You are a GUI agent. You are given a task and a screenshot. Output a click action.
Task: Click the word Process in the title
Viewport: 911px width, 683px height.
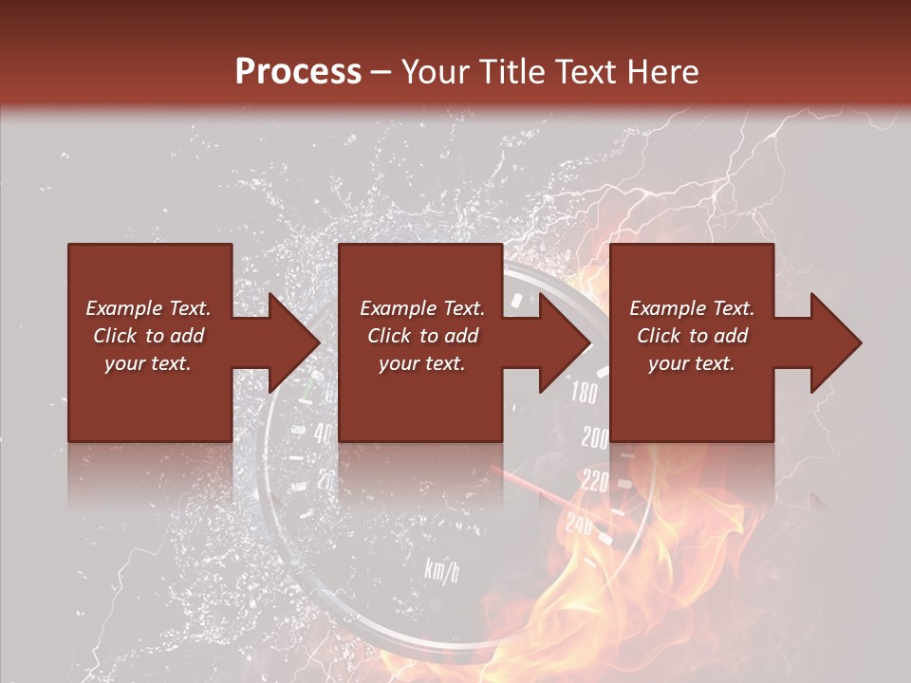[298, 72]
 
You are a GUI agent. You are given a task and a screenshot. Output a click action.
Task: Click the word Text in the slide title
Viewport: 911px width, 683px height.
[590, 72]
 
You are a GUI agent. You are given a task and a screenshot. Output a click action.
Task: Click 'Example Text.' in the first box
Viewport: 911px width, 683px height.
[148, 308]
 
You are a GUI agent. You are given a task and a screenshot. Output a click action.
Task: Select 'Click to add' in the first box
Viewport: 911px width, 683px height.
[148, 336]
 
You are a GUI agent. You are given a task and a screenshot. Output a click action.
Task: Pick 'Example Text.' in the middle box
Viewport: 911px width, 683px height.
[421, 308]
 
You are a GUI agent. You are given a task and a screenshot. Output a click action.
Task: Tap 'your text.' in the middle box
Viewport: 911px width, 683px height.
[421, 363]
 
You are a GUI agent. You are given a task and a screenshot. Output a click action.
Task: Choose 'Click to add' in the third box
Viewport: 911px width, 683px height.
[692, 336]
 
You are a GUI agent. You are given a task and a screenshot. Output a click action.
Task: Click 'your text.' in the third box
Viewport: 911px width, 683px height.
[692, 363]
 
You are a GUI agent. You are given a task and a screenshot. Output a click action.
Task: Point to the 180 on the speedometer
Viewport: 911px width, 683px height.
[584, 394]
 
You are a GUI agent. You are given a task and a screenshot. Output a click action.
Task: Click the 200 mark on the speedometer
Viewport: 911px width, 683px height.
[595, 438]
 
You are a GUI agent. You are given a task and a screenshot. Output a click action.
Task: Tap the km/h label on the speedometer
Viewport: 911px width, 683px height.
[441, 569]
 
